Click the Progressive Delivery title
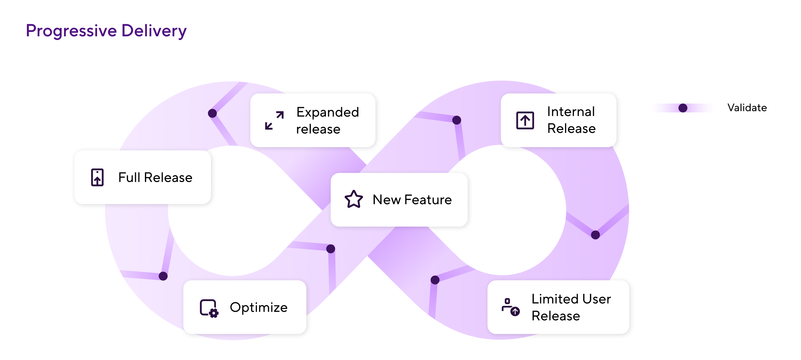tap(106, 31)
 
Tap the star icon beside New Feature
tap(354, 199)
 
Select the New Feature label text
tap(412, 200)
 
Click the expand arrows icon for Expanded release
tap(274, 120)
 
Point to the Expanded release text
tap(327, 120)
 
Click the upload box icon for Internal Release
tap(525, 120)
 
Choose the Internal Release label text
tap(571, 120)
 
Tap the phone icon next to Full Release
tap(97, 177)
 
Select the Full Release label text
tap(155, 177)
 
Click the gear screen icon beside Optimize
tap(209, 308)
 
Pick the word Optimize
tap(259, 307)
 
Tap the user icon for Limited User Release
tap(510, 307)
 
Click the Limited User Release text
tap(571, 307)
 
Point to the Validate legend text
tap(747, 108)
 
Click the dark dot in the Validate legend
tap(683, 108)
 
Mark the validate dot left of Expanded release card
tap(212, 113)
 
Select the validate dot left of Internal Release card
tap(456, 120)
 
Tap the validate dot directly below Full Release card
tap(163, 276)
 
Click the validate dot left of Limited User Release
tap(435, 280)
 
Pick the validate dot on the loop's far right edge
tap(595, 235)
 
